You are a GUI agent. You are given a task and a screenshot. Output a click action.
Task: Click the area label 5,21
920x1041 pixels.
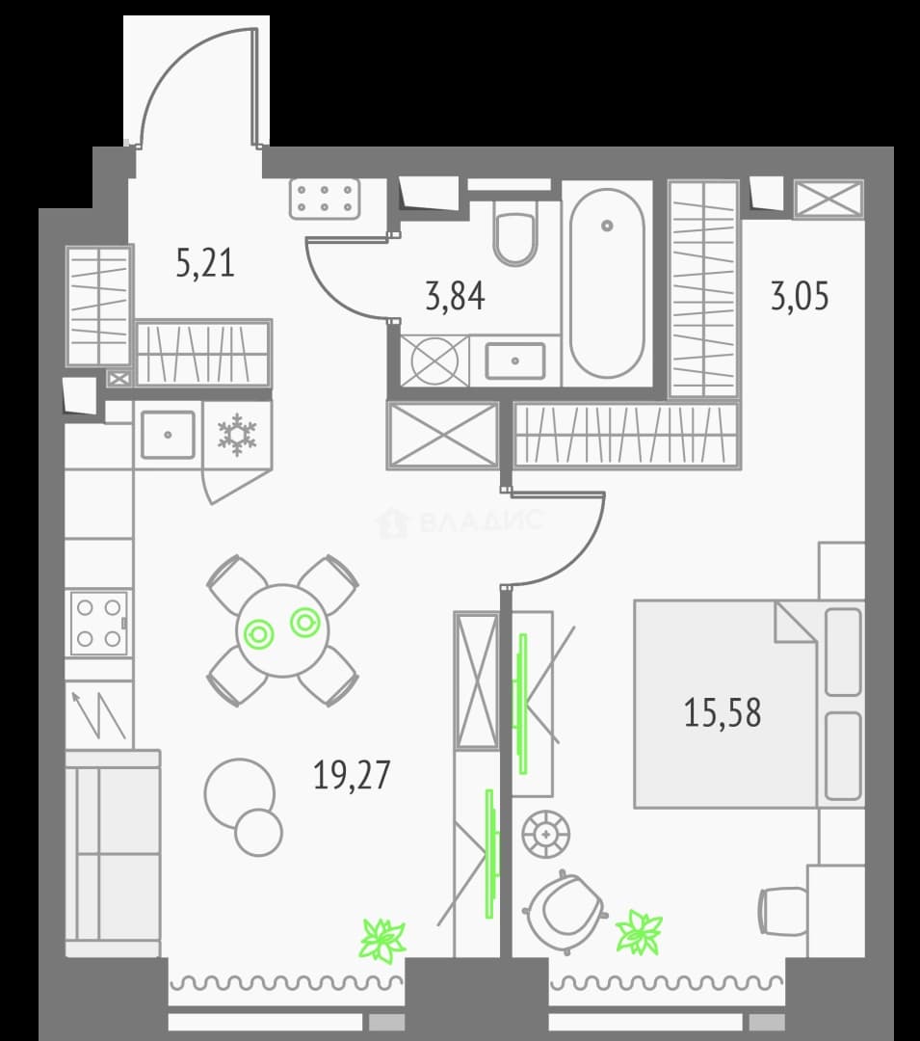[x=205, y=263]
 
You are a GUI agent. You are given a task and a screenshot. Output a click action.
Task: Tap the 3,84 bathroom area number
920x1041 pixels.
[x=455, y=296]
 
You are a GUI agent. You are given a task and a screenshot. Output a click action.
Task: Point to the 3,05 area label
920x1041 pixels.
[x=800, y=296]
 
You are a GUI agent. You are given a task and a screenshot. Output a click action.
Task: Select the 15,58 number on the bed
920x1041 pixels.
[x=723, y=712]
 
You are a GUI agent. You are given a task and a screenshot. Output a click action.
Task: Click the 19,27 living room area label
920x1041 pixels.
[x=352, y=775]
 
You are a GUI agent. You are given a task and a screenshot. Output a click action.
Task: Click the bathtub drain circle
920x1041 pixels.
[x=607, y=226]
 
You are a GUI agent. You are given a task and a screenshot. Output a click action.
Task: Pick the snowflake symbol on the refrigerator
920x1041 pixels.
[x=237, y=436]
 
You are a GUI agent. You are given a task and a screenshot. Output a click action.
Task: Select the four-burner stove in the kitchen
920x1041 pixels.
[x=99, y=623]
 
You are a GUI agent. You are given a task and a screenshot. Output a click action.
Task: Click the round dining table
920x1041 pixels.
[x=282, y=630]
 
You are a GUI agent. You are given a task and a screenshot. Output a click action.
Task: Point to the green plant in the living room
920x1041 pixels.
[x=382, y=940]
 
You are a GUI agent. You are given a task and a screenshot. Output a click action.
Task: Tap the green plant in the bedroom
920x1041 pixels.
[x=639, y=932]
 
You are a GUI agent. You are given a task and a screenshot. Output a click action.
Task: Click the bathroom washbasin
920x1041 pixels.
[x=515, y=360]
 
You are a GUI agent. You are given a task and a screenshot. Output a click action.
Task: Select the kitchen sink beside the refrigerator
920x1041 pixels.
[x=168, y=435]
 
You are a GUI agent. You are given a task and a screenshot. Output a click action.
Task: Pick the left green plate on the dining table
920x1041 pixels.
[x=259, y=634]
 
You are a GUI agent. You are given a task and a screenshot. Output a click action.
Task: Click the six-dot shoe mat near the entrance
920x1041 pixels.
[x=325, y=199]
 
